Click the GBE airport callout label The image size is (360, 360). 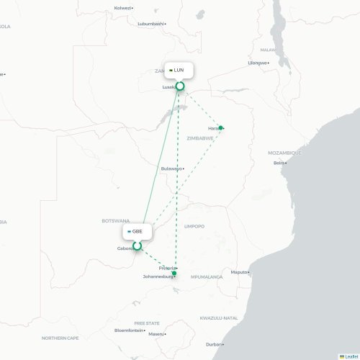point(137,231)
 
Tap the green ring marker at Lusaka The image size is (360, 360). point(180,86)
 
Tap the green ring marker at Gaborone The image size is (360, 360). point(137,246)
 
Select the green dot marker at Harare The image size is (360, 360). point(221,128)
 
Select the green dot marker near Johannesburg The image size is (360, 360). point(174,273)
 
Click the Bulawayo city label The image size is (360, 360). point(172,168)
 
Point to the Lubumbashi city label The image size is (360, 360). point(151,24)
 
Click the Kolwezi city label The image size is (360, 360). point(123,7)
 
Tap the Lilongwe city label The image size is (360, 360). point(257,63)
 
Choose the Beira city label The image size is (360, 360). point(279,163)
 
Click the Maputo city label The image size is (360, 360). point(238,272)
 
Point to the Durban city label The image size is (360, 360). point(213,344)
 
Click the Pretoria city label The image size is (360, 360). point(167,268)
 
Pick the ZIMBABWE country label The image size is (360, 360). point(200,138)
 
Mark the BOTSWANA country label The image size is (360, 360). point(115,220)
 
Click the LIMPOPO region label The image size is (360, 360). point(194,226)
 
